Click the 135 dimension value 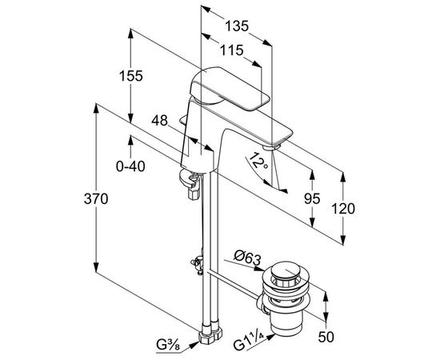237,26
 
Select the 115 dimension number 231,50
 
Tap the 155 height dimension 131,76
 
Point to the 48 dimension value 159,121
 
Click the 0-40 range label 130,166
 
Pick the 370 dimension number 96,199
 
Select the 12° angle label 258,161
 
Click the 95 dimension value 312,198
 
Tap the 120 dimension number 343,209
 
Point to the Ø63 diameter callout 247,258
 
